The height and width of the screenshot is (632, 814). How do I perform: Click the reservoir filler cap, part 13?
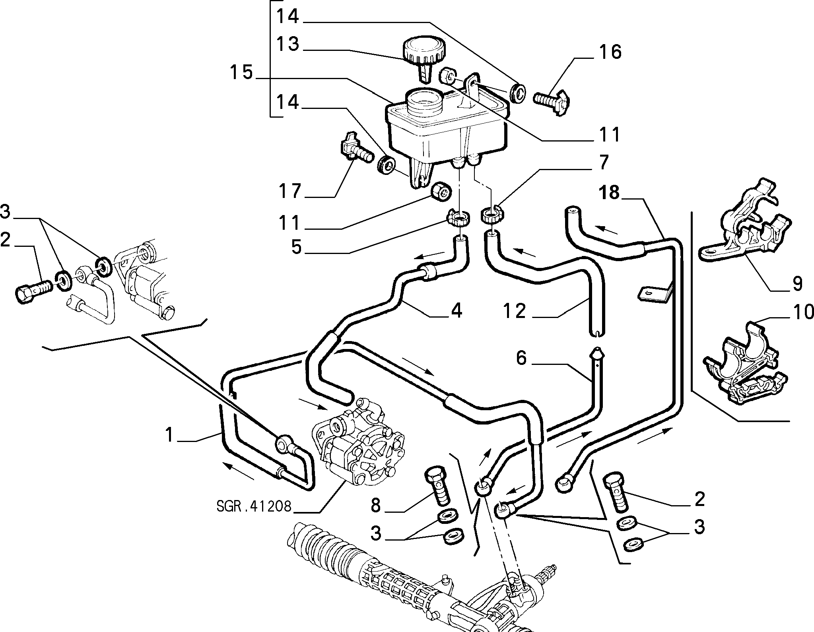click(x=424, y=56)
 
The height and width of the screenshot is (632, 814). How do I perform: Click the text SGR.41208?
click(x=254, y=506)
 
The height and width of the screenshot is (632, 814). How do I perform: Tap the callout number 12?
click(x=514, y=311)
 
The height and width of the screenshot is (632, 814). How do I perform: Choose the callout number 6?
click(x=521, y=358)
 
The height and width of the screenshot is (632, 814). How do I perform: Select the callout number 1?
click(x=170, y=434)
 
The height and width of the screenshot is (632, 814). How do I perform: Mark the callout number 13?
click(x=288, y=44)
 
